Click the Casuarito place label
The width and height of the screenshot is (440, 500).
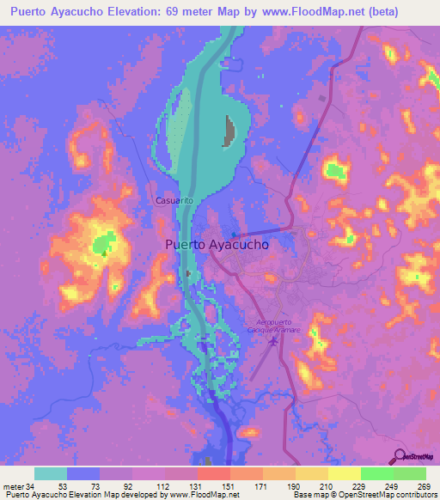pyautogui.click(x=172, y=200)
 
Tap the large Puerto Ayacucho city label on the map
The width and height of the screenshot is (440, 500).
pyautogui.click(x=217, y=244)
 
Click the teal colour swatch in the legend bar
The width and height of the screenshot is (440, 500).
pyautogui.click(x=51, y=473)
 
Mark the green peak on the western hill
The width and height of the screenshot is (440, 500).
pyautogui.click(x=105, y=244)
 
